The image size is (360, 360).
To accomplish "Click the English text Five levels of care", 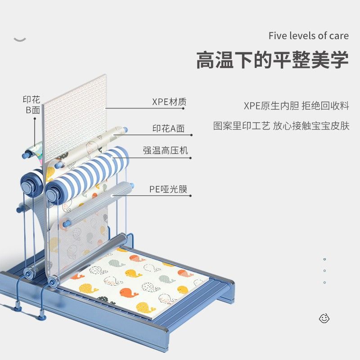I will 308,36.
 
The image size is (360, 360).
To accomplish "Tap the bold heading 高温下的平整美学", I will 272,60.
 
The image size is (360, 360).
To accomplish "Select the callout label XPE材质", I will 169,102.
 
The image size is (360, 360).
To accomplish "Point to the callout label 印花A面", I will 168,129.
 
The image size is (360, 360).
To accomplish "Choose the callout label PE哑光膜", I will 168,189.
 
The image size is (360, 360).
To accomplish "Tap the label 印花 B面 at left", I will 31,104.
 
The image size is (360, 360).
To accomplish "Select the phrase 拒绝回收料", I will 325,106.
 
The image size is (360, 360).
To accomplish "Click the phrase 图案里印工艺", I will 241,126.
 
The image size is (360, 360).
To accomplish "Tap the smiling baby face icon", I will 324,318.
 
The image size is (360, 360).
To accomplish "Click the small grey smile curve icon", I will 20,40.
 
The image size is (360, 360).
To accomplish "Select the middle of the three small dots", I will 324,271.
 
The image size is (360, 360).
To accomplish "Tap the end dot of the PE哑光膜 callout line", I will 191,196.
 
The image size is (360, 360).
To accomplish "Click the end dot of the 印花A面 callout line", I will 191,135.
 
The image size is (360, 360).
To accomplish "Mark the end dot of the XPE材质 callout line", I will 191,108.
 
